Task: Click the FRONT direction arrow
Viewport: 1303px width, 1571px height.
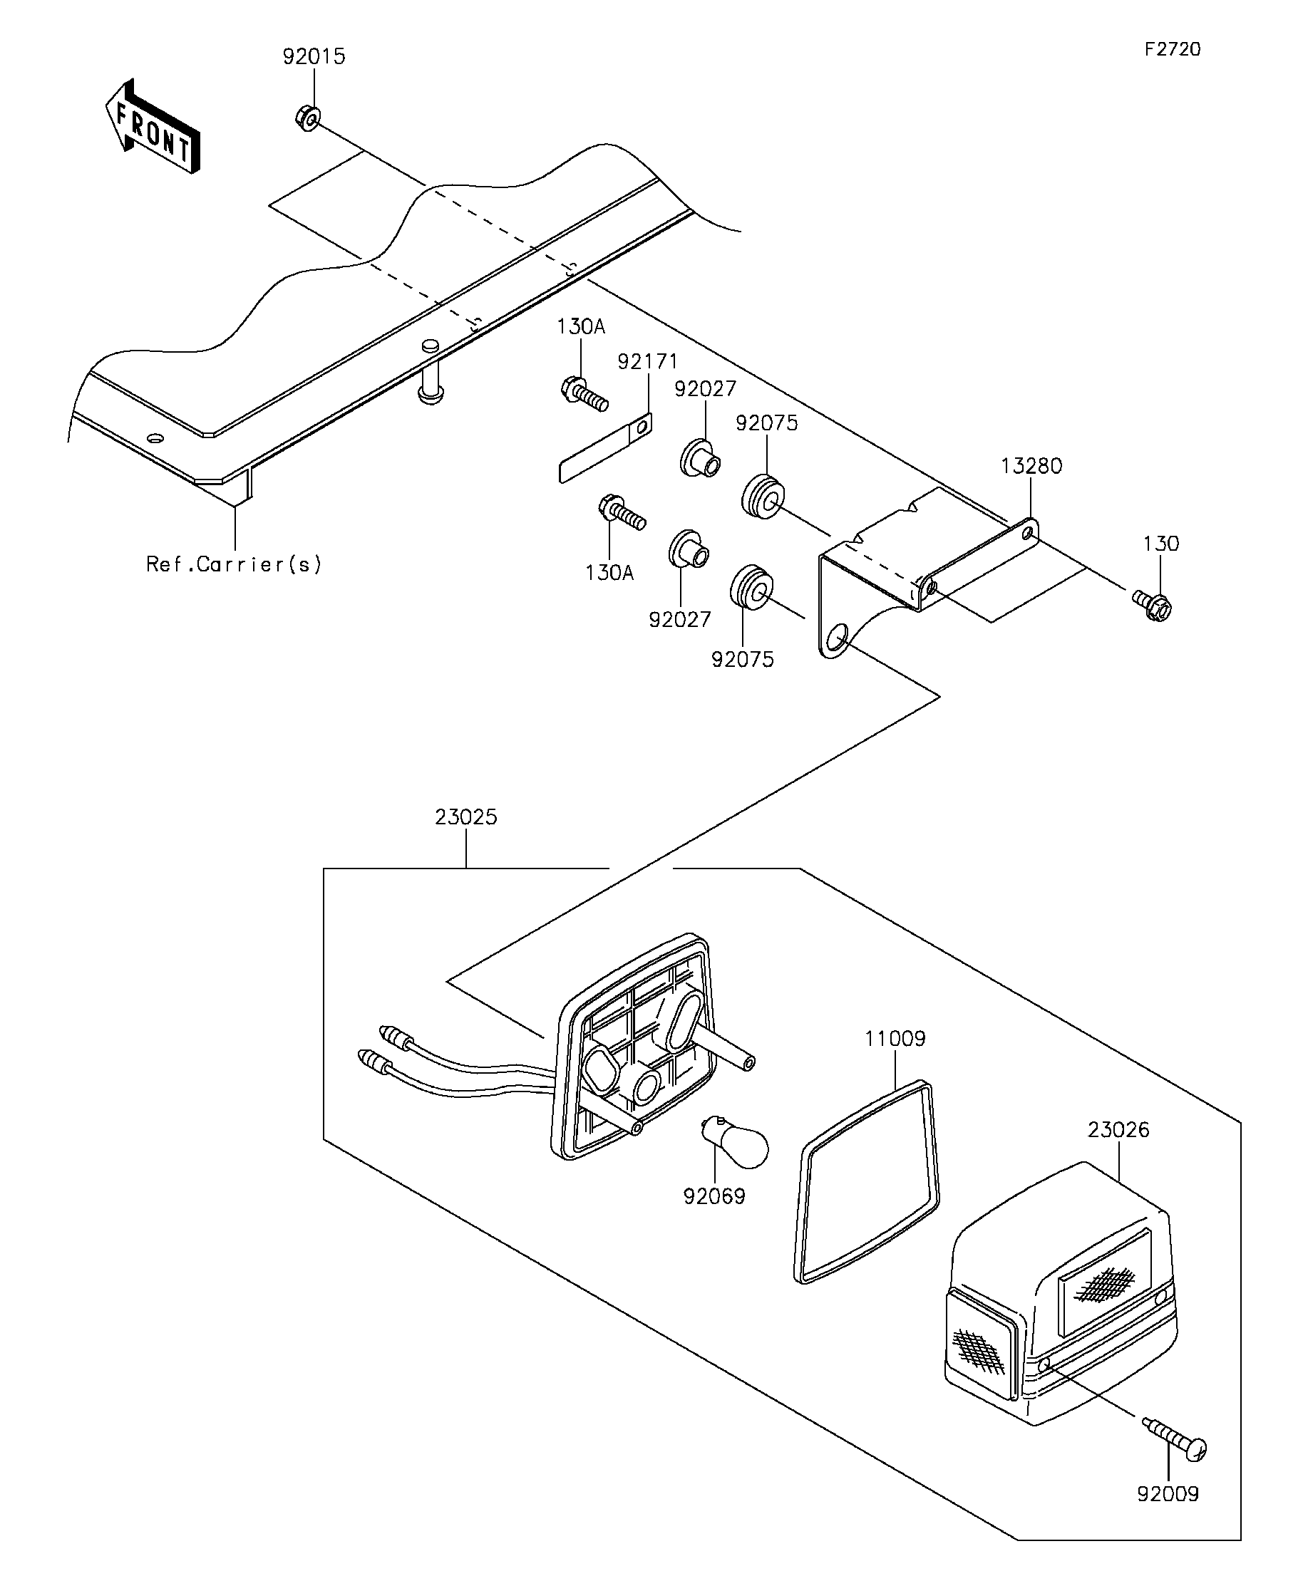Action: tap(153, 126)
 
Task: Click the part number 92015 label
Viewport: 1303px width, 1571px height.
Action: tap(314, 57)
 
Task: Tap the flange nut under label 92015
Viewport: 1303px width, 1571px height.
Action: tap(306, 118)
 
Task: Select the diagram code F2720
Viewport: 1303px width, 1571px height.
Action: tap(1172, 49)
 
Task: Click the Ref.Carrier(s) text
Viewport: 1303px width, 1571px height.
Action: tap(235, 564)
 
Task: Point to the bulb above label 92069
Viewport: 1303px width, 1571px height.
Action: tap(734, 1149)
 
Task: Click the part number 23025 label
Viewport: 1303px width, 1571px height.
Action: tap(465, 817)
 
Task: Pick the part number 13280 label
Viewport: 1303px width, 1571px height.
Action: tap(1031, 466)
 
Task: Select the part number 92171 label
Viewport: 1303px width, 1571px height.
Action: tap(647, 362)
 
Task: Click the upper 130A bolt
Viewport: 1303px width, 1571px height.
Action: tap(584, 394)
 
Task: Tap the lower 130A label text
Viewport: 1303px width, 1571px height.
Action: tap(609, 573)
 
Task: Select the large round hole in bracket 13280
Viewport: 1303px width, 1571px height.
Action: tap(838, 639)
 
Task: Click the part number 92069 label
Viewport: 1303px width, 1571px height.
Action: tap(714, 1197)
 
